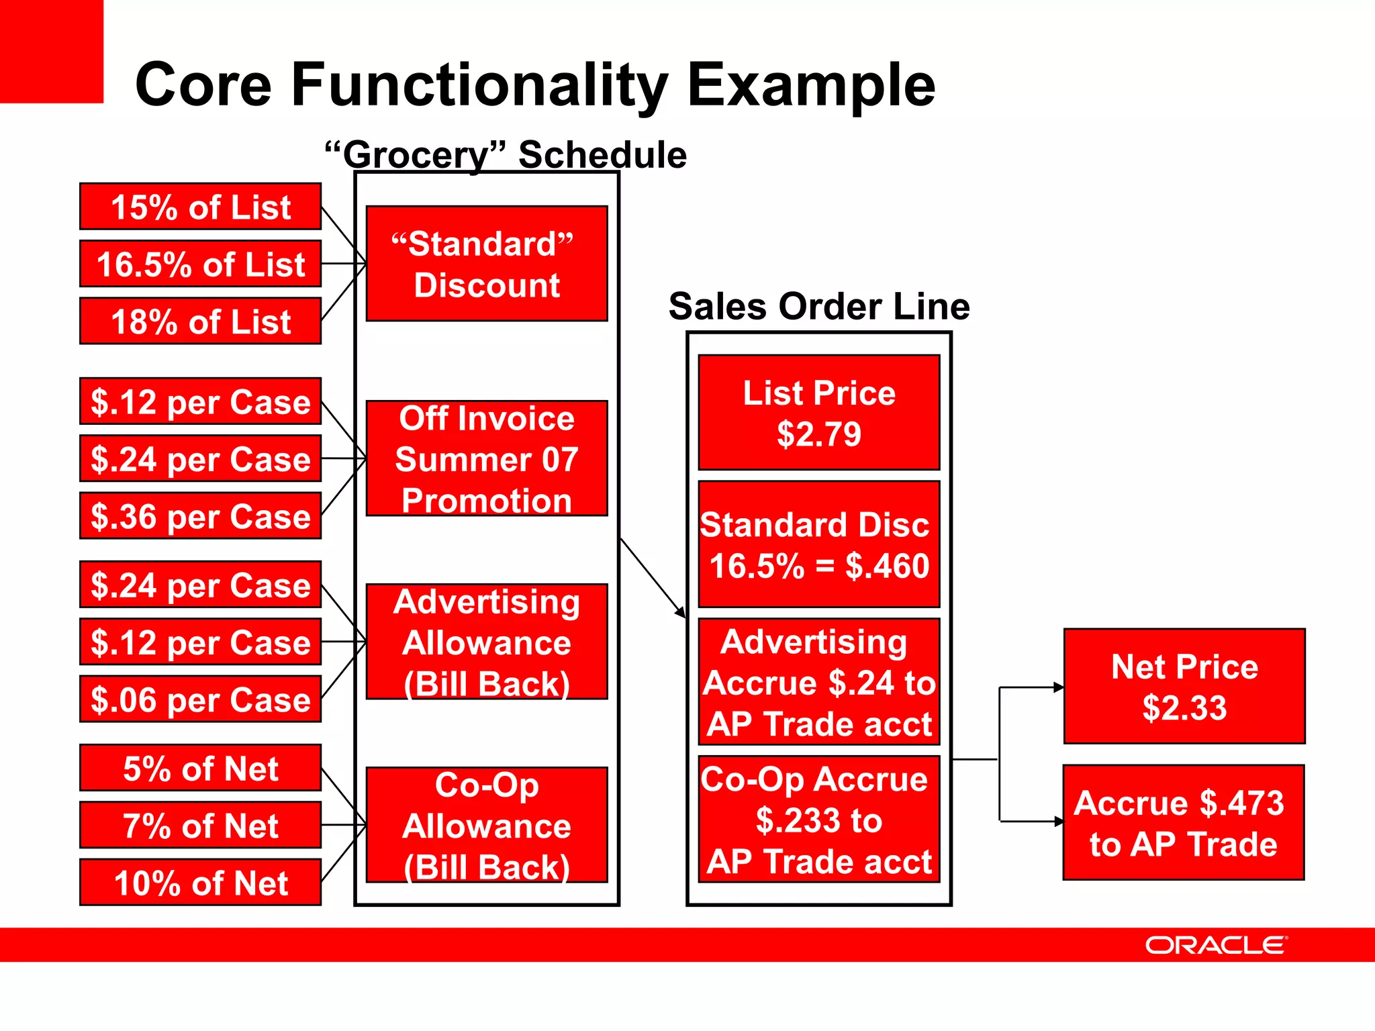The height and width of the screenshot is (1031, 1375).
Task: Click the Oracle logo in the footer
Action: point(1215,945)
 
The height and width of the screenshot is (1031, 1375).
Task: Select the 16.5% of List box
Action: point(200,264)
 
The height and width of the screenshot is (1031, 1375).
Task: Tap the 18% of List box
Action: point(200,322)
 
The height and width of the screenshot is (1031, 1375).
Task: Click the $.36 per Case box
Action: point(200,516)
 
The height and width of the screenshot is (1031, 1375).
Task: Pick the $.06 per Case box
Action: point(200,699)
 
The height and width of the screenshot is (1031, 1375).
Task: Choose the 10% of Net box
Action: point(200,883)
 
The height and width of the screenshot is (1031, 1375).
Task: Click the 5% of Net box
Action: point(200,768)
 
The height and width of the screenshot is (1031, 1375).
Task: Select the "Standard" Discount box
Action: point(487,264)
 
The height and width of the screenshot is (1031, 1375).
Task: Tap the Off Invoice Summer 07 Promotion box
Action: point(487,458)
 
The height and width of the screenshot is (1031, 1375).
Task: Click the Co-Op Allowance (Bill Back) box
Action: point(487,825)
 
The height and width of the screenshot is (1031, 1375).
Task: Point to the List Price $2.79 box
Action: point(819,413)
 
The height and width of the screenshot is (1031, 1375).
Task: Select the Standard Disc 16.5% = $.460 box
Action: point(819,544)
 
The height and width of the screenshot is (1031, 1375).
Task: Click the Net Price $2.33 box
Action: point(1184,687)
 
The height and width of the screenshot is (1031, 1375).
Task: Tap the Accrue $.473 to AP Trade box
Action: point(1184,823)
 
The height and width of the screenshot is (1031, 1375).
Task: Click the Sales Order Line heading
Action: point(819,306)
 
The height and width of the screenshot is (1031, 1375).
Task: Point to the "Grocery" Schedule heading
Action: point(506,154)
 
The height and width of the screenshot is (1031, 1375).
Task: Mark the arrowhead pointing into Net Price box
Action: point(1059,687)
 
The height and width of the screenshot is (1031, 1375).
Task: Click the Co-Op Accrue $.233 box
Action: point(819,820)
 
